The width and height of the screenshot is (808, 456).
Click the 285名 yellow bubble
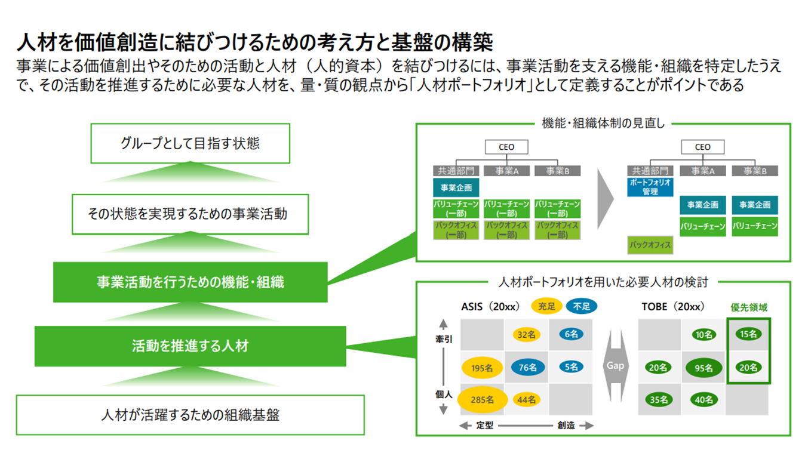coord(483,400)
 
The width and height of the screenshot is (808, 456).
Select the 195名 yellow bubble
coord(481,368)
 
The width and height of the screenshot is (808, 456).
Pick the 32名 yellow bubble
coord(526,335)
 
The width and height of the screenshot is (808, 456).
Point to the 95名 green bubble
coord(703,368)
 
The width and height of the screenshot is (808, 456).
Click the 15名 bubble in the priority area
coord(748,334)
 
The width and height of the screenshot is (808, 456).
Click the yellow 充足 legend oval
coord(546,307)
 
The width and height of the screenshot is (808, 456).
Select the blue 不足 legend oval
coord(581,307)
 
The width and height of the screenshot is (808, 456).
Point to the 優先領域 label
coord(749,307)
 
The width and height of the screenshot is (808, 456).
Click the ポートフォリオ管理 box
coord(650,187)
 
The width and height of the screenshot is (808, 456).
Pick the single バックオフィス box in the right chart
coord(650,245)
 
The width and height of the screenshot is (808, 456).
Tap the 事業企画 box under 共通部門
coord(456,188)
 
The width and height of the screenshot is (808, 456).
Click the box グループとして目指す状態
coord(190,143)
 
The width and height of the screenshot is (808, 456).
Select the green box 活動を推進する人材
coord(190,346)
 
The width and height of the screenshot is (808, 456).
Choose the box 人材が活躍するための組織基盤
coord(190,415)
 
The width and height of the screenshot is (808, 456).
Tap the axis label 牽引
coord(443,338)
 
